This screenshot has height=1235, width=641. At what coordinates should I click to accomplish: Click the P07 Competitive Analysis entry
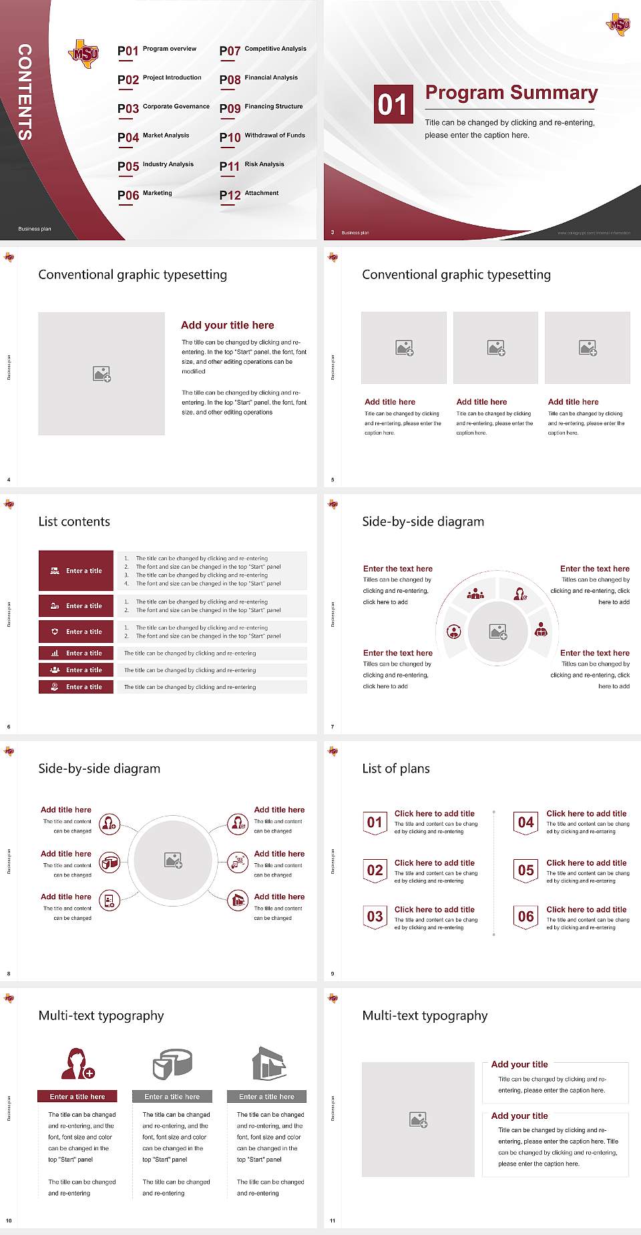[x=262, y=50]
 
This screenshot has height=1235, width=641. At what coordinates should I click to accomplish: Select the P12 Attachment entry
[x=249, y=194]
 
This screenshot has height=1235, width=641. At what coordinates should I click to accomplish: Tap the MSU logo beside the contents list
[x=84, y=53]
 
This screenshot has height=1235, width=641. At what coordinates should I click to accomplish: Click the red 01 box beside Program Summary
[x=392, y=104]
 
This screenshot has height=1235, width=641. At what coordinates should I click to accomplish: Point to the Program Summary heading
[x=511, y=93]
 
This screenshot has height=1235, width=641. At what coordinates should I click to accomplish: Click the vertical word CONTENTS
[x=25, y=91]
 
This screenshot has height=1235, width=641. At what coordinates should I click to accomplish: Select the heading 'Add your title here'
[x=227, y=325]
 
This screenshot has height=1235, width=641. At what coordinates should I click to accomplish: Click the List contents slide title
[x=74, y=521]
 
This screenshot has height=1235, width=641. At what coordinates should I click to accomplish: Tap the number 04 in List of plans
[x=526, y=822]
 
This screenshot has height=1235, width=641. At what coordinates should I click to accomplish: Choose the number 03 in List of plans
[x=375, y=917]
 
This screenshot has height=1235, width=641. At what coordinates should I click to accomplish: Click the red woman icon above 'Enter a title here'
[x=77, y=1063]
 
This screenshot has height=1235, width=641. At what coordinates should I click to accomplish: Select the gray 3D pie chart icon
[x=172, y=1063]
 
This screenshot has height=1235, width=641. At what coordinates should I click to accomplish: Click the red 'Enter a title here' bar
[x=77, y=1096]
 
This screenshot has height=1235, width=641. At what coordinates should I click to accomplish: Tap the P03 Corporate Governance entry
[x=163, y=107]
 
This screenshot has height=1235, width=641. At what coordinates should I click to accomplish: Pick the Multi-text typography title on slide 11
[x=425, y=1015]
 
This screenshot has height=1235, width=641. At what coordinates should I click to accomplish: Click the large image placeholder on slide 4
[x=101, y=374]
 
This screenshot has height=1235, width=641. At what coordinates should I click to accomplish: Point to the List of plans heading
[x=396, y=768]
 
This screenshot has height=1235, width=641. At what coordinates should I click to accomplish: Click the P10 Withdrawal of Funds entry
[x=262, y=137]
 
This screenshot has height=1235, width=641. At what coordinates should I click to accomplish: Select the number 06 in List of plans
[x=526, y=917]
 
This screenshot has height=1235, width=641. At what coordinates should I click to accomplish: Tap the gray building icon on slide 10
[x=269, y=1063]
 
